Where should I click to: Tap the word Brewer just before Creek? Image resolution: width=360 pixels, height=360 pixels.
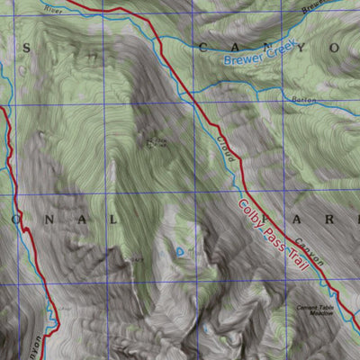[241, 59]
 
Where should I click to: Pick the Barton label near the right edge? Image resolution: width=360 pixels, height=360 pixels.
[303, 100]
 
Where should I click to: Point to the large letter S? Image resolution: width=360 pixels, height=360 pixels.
[26, 47]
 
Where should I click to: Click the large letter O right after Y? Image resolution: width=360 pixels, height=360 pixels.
[334, 47]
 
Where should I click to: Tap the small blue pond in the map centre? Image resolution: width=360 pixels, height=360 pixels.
[181, 251]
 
